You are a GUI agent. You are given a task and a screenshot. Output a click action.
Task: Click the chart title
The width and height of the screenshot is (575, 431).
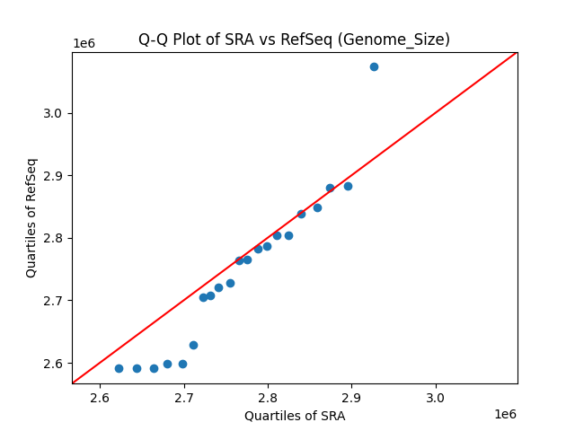click(294, 40)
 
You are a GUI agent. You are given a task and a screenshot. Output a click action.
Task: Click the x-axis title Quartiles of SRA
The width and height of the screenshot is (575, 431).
click(294, 416)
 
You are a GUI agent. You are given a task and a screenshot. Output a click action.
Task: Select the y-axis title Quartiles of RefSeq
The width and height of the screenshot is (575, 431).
click(31, 217)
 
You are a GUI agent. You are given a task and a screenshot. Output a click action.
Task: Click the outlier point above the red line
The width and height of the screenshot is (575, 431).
click(374, 66)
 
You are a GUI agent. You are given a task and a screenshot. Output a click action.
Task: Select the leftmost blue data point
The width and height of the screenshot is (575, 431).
click(119, 368)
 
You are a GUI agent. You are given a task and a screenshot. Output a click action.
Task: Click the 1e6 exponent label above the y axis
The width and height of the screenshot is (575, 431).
click(84, 44)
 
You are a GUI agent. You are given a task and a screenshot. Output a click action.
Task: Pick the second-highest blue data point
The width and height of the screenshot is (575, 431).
click(348, 186)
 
